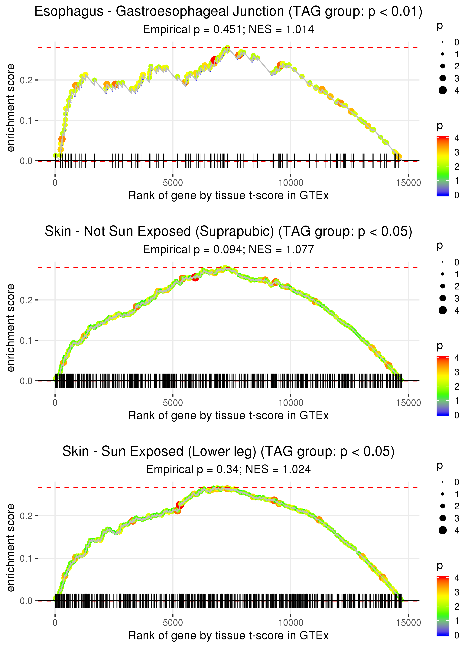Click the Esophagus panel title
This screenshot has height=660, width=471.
point(229,12)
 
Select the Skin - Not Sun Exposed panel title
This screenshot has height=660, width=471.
point(229,232)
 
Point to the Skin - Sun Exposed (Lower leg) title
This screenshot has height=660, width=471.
point(229,452)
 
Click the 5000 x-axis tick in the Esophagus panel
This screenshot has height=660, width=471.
point(173,183)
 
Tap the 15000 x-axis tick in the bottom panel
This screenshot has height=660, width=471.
point(408,623)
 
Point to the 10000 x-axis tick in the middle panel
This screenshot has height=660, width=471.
point(291,403)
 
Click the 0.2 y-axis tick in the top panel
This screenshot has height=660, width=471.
point(26,80)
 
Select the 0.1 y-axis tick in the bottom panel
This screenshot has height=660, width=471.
point(26,558)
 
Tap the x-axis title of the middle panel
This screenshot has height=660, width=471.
point(229,416)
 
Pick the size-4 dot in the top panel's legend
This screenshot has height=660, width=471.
point(443,91)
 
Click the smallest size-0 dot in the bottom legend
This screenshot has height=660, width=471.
point(443,482)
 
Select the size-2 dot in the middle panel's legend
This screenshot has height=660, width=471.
point(443,286)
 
